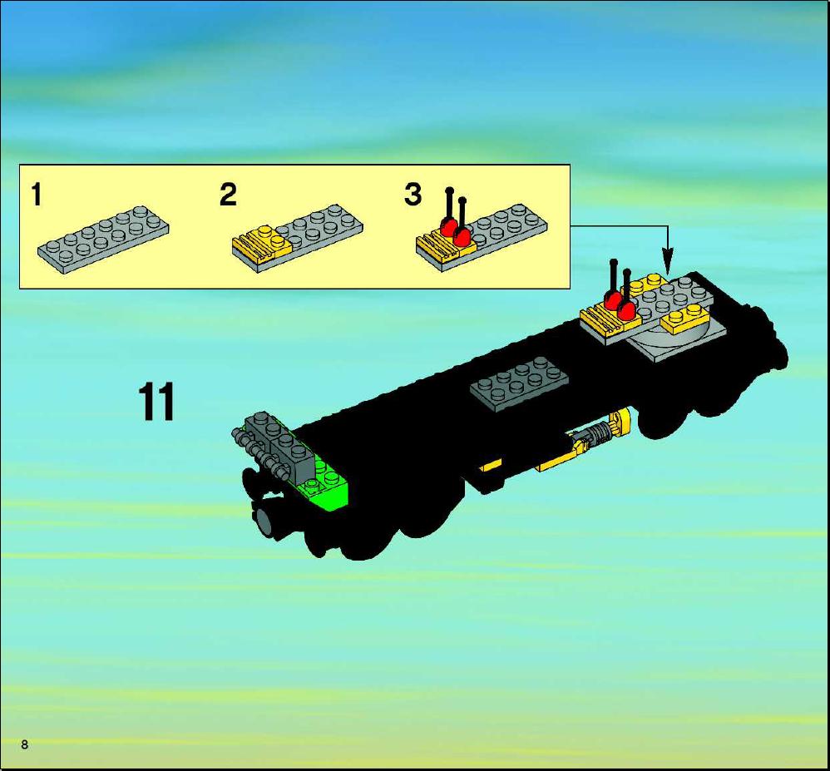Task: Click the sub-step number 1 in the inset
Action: click(x=36, y=195)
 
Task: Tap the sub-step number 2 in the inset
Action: click(x=228, y=195)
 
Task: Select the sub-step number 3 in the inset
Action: click(x=413, y=195)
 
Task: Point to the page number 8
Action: click(x=24, y=744)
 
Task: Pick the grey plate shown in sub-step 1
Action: click(x=104, y=240)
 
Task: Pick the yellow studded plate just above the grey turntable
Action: click(x=685, y=319)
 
